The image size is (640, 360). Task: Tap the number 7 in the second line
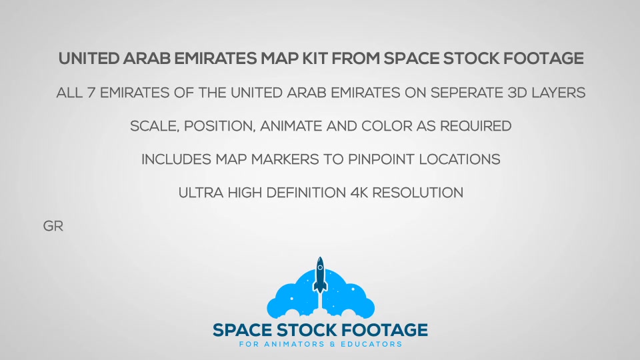91,93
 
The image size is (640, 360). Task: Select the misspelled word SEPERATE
467,93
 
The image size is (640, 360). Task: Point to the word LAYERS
559,93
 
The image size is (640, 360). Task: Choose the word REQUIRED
475,126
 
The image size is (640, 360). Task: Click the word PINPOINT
381,159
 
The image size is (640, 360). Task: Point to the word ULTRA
201,193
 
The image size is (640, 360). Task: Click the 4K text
359,193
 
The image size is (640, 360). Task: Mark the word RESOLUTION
417,193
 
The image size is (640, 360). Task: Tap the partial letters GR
53,226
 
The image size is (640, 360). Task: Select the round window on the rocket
321,268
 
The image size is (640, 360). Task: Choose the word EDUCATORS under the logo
371,344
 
